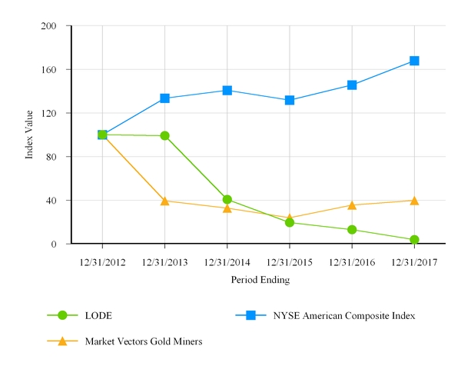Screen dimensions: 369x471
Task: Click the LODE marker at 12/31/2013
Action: [164, 136]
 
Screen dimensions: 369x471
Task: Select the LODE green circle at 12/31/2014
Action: [227, 200]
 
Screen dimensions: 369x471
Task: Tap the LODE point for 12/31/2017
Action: [414, 240]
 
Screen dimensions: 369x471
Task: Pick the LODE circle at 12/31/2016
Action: [352, 230]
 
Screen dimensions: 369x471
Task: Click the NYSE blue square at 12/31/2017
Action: [414, 61]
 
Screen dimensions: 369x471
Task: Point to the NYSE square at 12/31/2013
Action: [164, 98]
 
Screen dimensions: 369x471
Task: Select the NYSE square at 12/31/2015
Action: [290, 101]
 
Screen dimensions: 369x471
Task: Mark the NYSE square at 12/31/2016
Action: [352, 85]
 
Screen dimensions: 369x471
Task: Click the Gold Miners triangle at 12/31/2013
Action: [164, 201]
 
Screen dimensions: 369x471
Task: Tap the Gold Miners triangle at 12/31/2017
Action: [414, 201]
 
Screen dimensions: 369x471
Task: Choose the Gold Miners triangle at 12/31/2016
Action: [352, 205]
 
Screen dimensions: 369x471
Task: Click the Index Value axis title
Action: [30, 135]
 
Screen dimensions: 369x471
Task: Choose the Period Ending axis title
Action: [260, 281]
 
